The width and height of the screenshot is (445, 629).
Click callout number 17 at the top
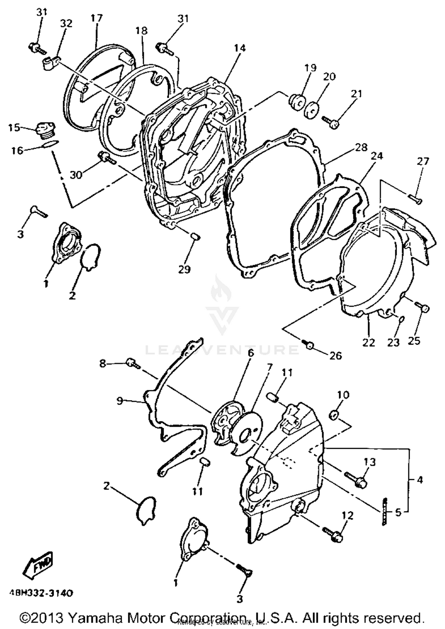pos(96,18)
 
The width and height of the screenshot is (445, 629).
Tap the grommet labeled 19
pos(297,102)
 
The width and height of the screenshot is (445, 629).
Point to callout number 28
pos(361,147)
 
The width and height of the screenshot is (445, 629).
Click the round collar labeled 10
pos(333,415)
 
